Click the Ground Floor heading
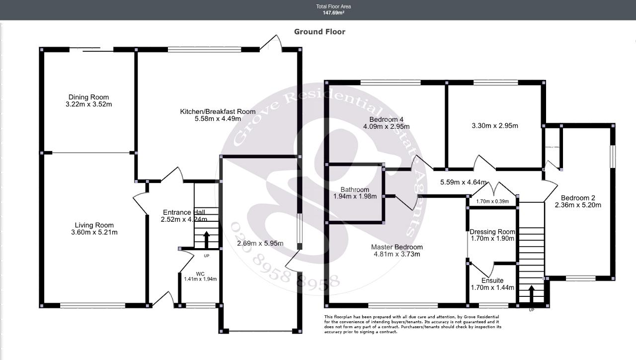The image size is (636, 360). pos(319,32)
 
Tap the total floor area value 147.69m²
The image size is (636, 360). pos(333,13)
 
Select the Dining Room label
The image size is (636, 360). pos(88,97)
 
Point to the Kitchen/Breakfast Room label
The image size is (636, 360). pos(218,112)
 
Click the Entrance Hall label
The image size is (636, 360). pos(183,212)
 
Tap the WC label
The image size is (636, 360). pos(200,273)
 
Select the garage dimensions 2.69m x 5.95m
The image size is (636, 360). pos(260,243)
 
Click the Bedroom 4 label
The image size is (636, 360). pos(386,119)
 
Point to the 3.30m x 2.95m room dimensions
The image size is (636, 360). pos(494,126)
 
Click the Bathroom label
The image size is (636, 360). pos(355,189)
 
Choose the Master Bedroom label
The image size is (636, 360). pos(397,247)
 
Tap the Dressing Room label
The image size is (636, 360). pos(492,232)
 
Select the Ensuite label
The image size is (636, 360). pos(492,280)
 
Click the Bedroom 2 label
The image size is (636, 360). pos(578,197)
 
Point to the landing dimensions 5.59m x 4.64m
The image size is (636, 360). pos(463,182)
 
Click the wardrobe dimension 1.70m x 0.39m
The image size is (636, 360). pos(492,201)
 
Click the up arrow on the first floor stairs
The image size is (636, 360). pos(531,293)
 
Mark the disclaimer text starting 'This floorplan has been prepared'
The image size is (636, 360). pos(412,324)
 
